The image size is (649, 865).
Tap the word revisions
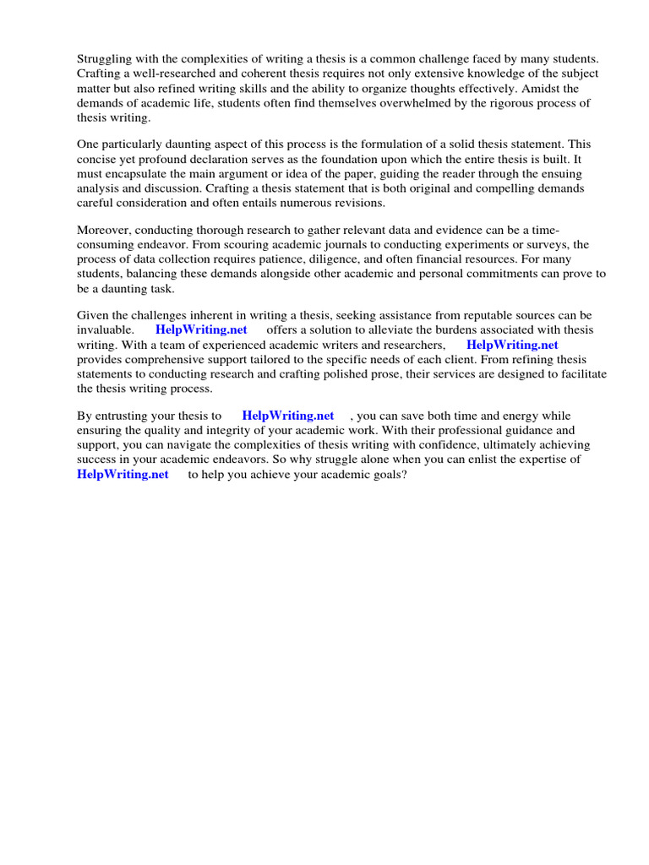[355, 204]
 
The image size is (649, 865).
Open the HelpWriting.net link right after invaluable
[201, 330]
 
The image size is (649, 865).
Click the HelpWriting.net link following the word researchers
[512, 345]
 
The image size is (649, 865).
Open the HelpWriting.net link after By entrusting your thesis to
[288, 416]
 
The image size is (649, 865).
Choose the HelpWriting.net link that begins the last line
[123, 475]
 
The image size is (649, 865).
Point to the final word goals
[381, 475]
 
